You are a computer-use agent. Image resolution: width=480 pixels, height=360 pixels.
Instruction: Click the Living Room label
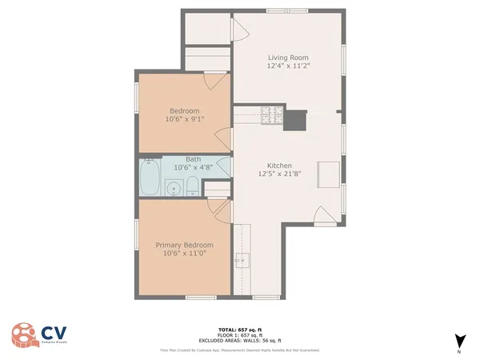click(287, 57)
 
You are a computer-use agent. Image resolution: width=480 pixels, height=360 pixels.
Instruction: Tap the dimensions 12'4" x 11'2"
click(287, 66)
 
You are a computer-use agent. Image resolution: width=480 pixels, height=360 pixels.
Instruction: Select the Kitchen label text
click(274, 165)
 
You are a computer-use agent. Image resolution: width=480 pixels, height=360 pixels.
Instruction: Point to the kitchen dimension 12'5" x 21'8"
click(274, 174)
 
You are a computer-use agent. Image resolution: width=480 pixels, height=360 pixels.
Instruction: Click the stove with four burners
click(274, 117)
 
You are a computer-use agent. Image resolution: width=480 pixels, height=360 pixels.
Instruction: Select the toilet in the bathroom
click(192, 189)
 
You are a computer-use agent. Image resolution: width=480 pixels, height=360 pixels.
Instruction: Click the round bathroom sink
click(172, 190)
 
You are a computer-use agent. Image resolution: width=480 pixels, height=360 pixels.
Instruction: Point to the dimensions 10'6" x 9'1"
click(184, 120)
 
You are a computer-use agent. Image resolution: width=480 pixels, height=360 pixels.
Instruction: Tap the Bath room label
click(193, 158)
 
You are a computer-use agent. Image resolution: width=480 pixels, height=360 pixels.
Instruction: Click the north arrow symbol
click(458, 340)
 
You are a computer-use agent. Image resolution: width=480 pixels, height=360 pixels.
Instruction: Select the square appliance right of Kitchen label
click(328, 174)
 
